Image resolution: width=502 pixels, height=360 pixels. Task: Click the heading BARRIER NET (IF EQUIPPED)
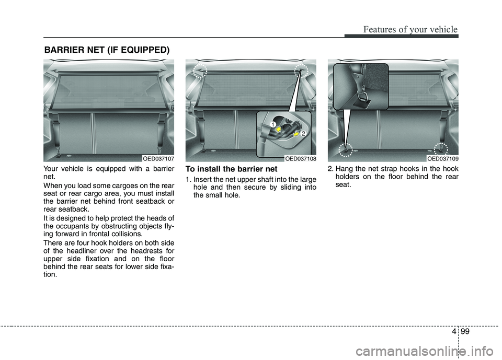click(x=106, y=50)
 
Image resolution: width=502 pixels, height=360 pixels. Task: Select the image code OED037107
click(x=158, y=158)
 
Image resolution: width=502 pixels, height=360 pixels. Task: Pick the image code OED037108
click(x=300, y=158)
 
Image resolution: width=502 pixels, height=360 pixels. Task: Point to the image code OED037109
click(x=442, y=158)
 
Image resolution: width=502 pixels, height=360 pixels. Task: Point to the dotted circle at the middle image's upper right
click(x=302, y=71)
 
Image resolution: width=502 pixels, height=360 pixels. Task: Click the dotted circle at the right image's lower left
click(x=345, y=149)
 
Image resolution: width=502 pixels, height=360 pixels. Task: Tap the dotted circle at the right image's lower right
click(x=441, y=148)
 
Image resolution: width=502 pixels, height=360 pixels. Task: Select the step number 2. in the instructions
click(x=331, y=169)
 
